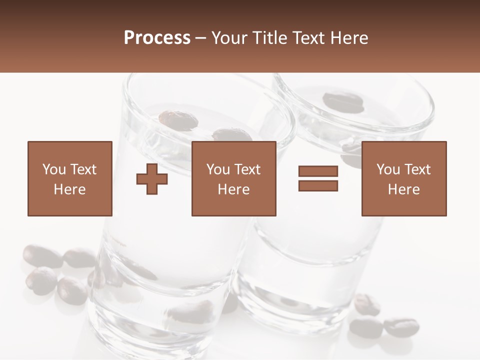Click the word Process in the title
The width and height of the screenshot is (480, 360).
(x=157, y=38)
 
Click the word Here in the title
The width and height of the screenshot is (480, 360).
(x=350, y=38)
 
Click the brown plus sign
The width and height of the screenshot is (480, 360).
(x=152, y=179)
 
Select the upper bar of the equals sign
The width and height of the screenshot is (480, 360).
(x=318, y=171)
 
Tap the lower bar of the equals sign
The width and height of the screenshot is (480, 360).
(x=318, y=186)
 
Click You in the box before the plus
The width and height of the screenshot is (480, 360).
(x=54, y=169)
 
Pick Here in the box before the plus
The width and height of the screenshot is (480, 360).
(x=69, y=189)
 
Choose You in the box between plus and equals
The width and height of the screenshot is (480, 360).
(x=218, y=169)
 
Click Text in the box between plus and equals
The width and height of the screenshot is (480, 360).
(x=247, y=169)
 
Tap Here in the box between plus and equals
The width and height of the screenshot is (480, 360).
(x=233, y=189)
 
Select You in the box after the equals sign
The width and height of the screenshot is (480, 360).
(x=388, y=169)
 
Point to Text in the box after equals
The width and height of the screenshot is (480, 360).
(x=417, y=169)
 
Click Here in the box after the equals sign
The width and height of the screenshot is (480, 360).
(x=403, y=189)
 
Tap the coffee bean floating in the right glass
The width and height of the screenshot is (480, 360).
(x=342, y=101)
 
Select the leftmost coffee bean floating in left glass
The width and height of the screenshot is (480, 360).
(x=178, y=120)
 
